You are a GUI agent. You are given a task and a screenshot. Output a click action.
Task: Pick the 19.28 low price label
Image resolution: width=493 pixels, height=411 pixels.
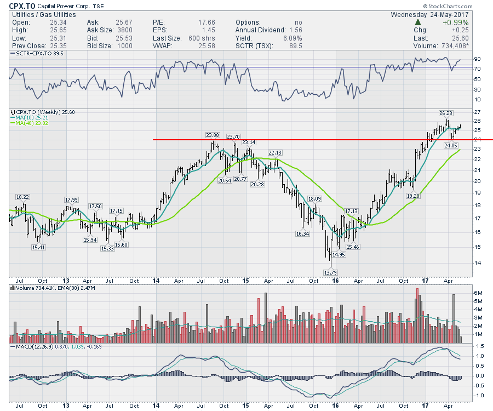(413, 195)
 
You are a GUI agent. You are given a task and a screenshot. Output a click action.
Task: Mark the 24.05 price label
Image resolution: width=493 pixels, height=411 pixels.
(451, 146)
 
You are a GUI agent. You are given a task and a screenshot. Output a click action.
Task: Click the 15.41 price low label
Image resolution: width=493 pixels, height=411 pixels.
(38, 247)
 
